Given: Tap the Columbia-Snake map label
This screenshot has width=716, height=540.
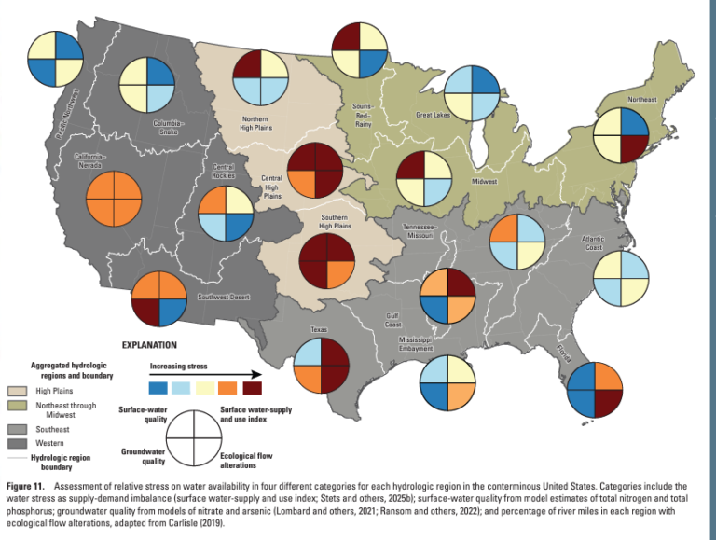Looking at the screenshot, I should click(168, 128).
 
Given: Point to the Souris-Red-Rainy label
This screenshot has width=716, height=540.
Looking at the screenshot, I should click(363, 114).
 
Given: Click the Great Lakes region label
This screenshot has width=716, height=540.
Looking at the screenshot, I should click(432, 116).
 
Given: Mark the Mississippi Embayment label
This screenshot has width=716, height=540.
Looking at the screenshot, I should click(412, 344).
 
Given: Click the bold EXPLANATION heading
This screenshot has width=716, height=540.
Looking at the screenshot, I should click(147, 344).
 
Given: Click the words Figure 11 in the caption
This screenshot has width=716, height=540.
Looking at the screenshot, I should click(28, 487).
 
